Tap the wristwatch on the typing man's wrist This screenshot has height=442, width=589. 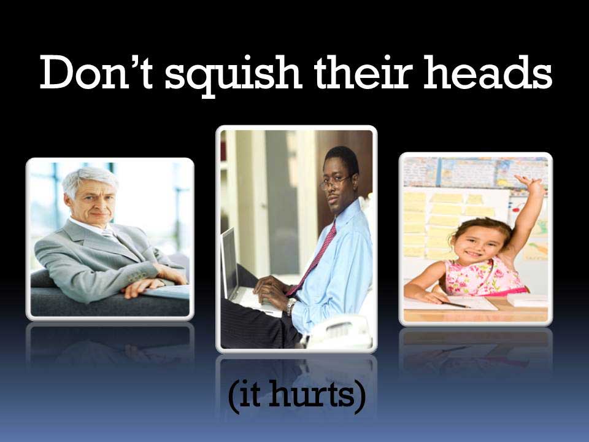coord(291,306)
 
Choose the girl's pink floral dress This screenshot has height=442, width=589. coord(484,277)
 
